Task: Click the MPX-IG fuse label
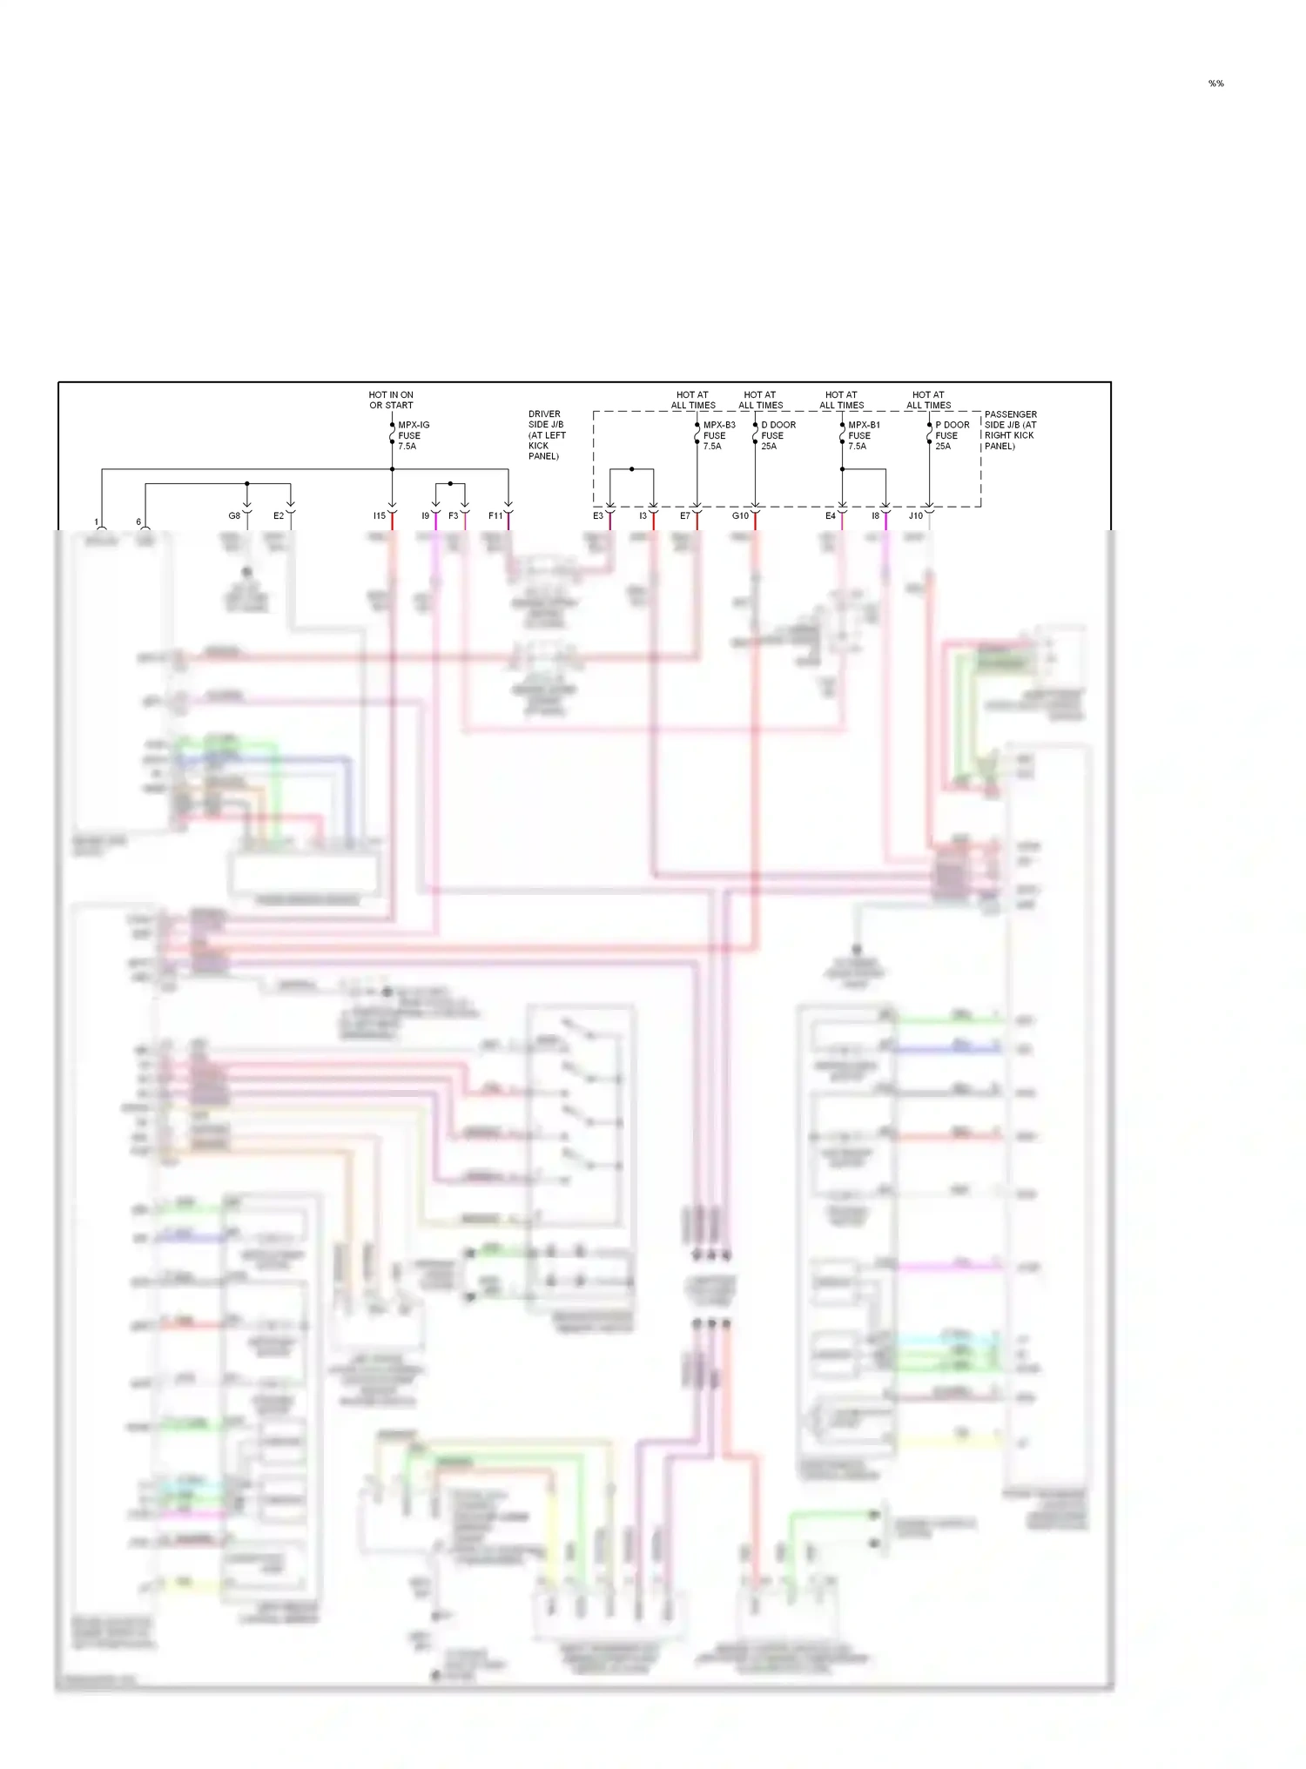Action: click(413, 435)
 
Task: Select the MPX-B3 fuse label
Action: click(718, 435)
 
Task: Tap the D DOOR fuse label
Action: click(778, 435)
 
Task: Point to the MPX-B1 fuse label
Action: click(863, 435)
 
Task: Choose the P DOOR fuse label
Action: click(951, 435)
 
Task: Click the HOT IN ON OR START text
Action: click(391, 400)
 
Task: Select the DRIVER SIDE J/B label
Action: click(547, 434)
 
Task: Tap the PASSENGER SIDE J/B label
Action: click(1010, 430)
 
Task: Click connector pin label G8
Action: click(234, 516)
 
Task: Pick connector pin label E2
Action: click(279, 516)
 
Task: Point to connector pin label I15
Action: click(380, 516)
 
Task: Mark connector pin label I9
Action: click(425, 516)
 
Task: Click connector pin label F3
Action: click(453, 516)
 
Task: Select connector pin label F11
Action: click(495, 516)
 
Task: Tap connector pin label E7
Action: click(685, 516)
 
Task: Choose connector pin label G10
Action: click(740, 516)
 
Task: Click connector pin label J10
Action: click(916, 516)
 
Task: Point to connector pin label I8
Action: click(875, 516)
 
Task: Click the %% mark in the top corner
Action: click(1215, 84)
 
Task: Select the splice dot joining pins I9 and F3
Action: click(450, 483)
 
